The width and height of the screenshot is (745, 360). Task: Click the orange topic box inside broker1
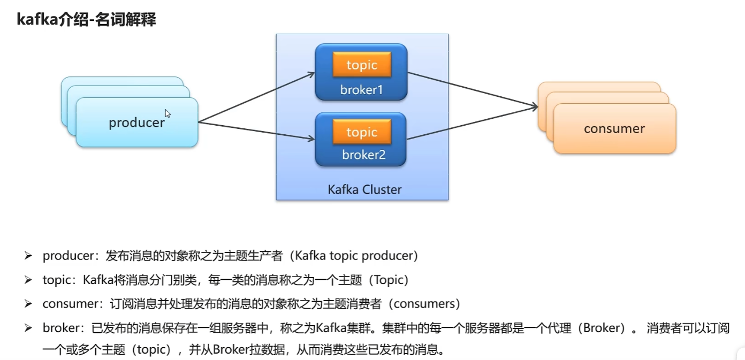click(x=362, y=65)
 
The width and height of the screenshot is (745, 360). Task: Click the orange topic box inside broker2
click(x=362, y=132)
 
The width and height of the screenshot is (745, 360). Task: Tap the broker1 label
click(x=361, y=90)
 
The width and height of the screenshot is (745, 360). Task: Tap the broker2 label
click(x=363, y=155)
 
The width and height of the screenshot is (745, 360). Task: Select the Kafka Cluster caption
click(x=364, y=189)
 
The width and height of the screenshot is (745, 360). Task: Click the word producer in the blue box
click(x=136, y=122)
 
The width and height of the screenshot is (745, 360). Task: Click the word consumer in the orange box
click(x=614, y=128)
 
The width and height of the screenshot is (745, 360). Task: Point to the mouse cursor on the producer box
click(x=168, y=113)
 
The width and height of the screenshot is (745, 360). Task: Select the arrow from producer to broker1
click(x=256, y=97)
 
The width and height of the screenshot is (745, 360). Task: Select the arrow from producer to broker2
click(x=256, y=131)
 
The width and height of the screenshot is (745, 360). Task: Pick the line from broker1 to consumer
click(x=473, y=90)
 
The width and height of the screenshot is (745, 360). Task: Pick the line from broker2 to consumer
click(x=473, y=122)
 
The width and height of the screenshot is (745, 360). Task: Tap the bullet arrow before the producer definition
click(x=28, y=256)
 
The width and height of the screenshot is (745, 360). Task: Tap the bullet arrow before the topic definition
click(x=28, y=280)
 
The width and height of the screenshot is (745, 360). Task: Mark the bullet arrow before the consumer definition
click(x=28, y=304)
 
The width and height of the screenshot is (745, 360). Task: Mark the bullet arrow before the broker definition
click(x=28, y=328)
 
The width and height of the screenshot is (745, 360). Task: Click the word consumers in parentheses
click(x=424, y=304)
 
